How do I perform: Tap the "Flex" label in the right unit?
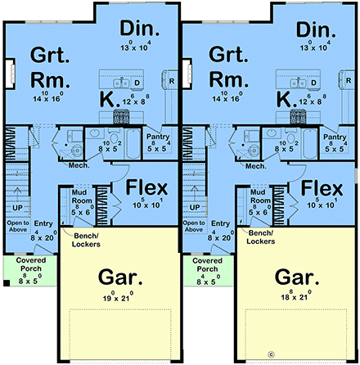point(320,189)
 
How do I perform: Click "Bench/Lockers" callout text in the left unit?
point(87,239)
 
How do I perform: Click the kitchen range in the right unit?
point(294,116)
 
